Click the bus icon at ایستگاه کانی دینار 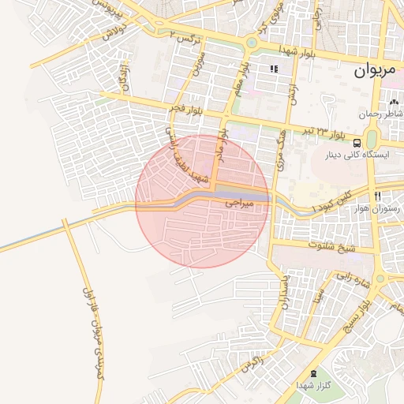tap(357, 143)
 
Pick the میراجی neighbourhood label tap(241, 204)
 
